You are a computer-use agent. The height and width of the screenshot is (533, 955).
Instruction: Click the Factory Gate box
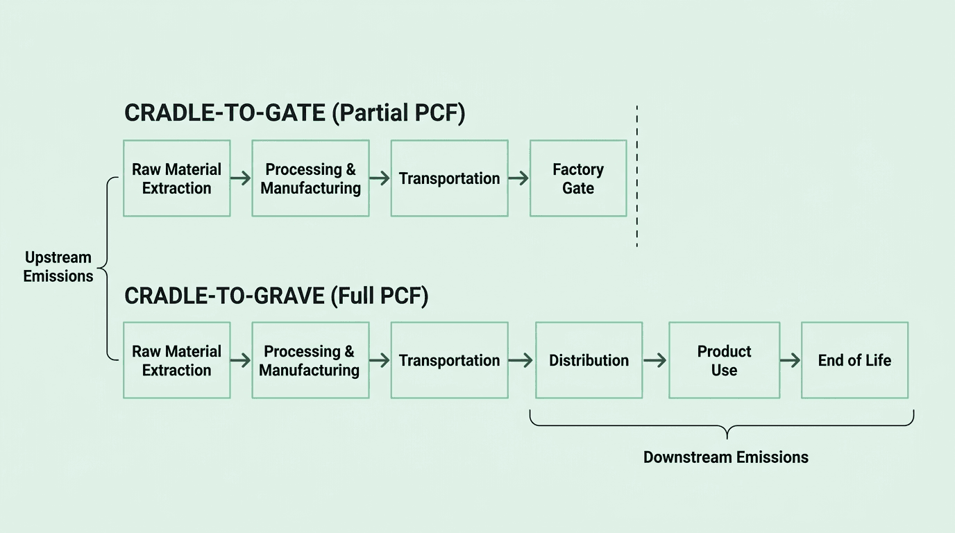coord(578,178)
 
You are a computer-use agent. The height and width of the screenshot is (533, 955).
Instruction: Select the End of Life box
coord(854,360)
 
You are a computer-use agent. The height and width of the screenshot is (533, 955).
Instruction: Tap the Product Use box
coord(724,360)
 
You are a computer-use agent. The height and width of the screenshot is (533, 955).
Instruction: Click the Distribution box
coord(589,360)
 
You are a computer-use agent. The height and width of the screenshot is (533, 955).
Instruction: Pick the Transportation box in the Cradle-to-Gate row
coord(449,178)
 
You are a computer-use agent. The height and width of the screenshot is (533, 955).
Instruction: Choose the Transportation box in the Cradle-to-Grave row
coord(449,360)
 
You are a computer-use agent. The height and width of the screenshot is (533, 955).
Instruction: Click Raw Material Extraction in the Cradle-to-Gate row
coord(176,178)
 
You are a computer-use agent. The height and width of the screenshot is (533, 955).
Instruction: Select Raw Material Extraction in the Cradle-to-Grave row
coord(176,360)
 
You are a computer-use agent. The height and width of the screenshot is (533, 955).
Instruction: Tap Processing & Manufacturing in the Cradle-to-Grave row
coord(310,360)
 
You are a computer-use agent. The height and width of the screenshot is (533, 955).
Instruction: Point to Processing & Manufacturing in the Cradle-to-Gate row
coord(310,178)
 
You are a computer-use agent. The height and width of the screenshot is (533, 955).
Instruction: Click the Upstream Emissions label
coord(58,266)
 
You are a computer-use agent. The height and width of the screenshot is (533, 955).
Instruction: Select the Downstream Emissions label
coord(725,457)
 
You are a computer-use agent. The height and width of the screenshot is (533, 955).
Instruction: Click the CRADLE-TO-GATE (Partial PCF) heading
coord(294,113)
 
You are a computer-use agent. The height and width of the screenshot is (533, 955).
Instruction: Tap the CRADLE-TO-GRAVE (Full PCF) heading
coord(276,296)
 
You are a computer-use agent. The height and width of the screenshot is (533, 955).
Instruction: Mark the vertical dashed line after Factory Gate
coord(636,177)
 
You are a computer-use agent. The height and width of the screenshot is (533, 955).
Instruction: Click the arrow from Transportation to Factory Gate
coord(518,178)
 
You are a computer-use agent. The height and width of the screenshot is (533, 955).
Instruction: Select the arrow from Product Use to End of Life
coord(790,360)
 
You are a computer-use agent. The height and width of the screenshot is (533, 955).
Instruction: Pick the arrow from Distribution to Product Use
coord(654,360)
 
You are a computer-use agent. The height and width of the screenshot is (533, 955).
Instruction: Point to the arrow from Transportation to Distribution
coord(521,360)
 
